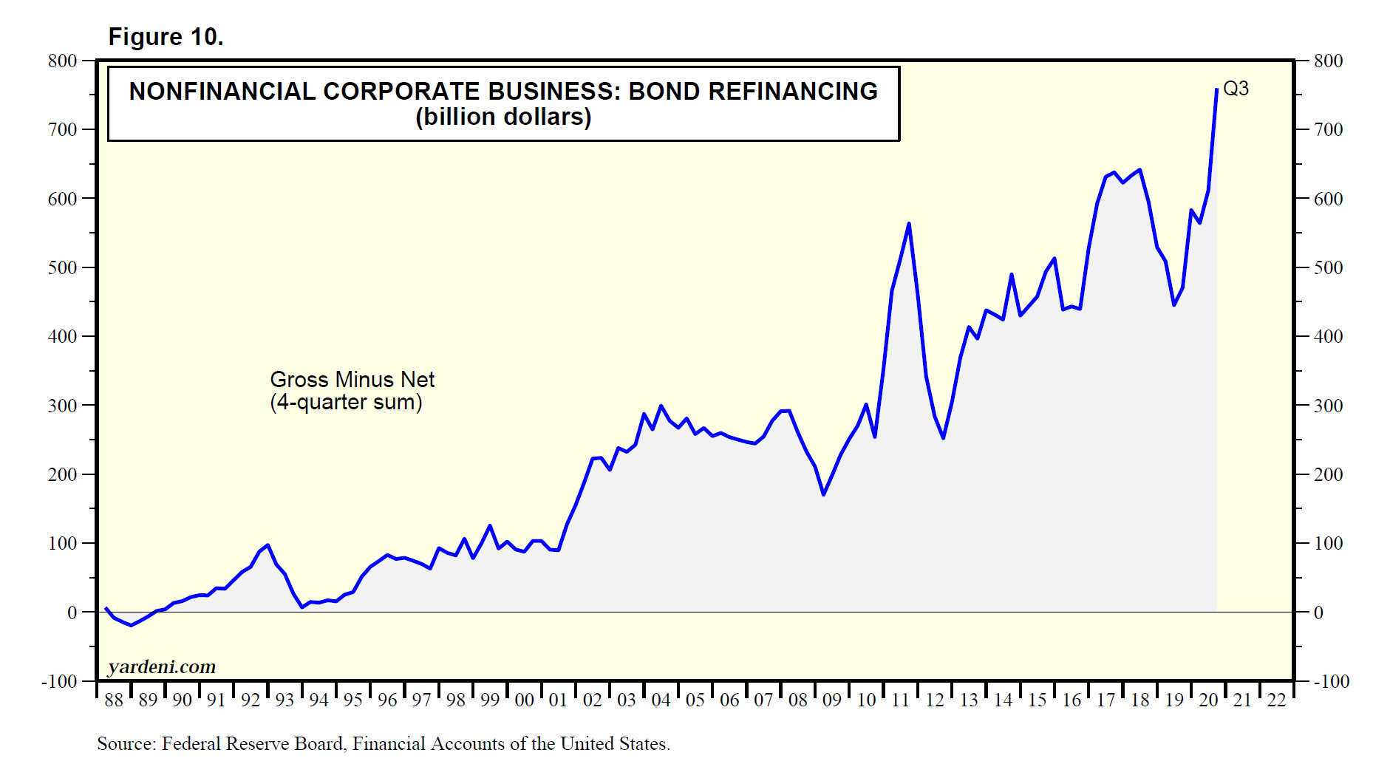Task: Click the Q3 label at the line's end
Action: pyautogui.click(x=1236, y=89)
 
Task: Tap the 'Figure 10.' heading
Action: pyautogui.click(x=166, y=37)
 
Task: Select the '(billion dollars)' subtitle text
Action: pyautogui.click(x=503, y=117)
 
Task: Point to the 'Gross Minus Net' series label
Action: pyautogui.click(x=352, y=379)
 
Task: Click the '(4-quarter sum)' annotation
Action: pyautogui.click(x=346, y=402)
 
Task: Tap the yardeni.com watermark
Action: pyautogui.click(x=162, y=666)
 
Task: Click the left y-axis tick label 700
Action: pyautogui.click(x=63, y=130)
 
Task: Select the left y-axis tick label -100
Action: pyautogui.click(x=59, y=681)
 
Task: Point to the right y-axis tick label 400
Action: pyautogui.click(x=1328, y=336)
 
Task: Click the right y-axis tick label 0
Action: pyautogui.click(x=1318, y=612)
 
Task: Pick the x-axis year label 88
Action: pyautogui.click(x=114, y=700)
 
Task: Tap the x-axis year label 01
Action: pyautogui.click(x=558, y=700)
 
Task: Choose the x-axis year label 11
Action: pyautogui.click(x=900, y=700)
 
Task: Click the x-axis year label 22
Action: pyautogui.click(x=1276, y=700)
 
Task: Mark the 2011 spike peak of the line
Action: pyautogui.click(x=908, y=223)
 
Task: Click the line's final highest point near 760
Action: pyautogui.click(x=1216, y=89)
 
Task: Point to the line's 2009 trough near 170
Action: pyautogui.click(x=823, y=494)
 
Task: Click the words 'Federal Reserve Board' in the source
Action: pyautogui.click(x=253, y=744)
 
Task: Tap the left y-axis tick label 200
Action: pyautogui.click(x=63, y=474)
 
